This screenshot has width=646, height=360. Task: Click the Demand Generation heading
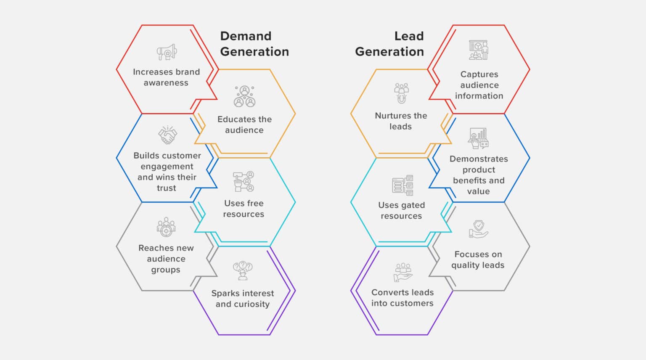(254, 44)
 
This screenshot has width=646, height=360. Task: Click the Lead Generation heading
(389, 44)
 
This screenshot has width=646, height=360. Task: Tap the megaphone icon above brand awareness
(167, 53)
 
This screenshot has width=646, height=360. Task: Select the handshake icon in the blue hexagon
(167, 135)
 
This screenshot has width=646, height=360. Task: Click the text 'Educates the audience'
(244, 124)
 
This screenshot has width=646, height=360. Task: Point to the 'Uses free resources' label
(244, 209)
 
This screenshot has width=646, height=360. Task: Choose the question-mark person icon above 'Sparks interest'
(243, 270)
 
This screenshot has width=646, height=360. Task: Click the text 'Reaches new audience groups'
(166, 259)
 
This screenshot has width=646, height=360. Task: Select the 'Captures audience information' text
(479, 85)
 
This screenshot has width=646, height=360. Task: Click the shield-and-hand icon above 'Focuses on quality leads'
(479, 229)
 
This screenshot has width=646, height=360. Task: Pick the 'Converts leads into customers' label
(402, 298)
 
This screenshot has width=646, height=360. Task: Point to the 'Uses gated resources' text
(401, 210)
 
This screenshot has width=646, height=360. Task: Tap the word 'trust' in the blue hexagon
(167, 188)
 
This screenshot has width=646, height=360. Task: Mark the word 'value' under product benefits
(478, 191)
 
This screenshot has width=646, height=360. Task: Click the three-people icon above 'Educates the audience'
(244, 96)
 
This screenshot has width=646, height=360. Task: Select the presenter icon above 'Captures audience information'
(479, 50)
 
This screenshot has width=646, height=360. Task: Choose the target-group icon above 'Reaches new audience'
(166, 228)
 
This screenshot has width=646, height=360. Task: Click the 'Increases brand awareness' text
(166, 77)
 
